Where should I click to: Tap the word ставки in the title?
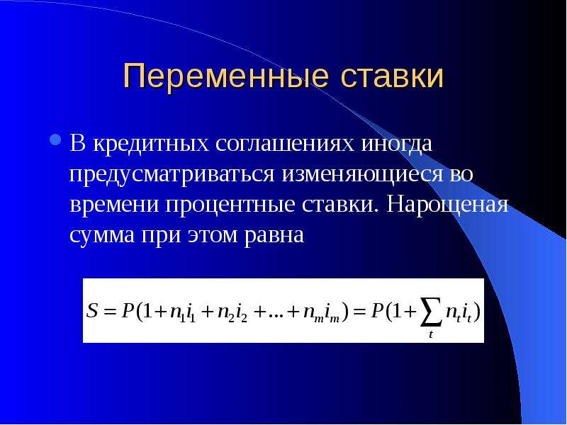pos(392,76)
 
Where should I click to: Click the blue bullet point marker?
pos(55,140)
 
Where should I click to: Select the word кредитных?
pos(152,144)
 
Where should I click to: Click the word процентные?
pos(230,205)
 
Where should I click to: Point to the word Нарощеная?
pos(447,205)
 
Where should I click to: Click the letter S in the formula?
pos(92,310)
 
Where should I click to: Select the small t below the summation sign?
pos(431,334)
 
